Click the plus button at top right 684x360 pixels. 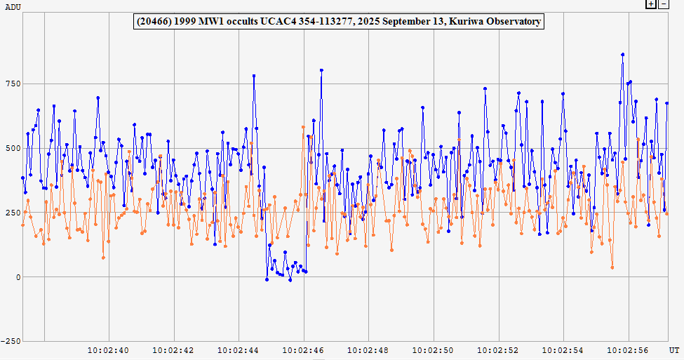651,4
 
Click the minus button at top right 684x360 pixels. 662,4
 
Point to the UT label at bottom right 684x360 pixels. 673,349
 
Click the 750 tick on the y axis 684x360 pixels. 13,84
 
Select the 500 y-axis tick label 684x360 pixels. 13,148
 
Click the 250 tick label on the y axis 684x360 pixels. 13,213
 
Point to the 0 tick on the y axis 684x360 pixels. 18,276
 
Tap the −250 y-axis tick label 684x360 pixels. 11,341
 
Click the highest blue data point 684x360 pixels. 622,54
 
